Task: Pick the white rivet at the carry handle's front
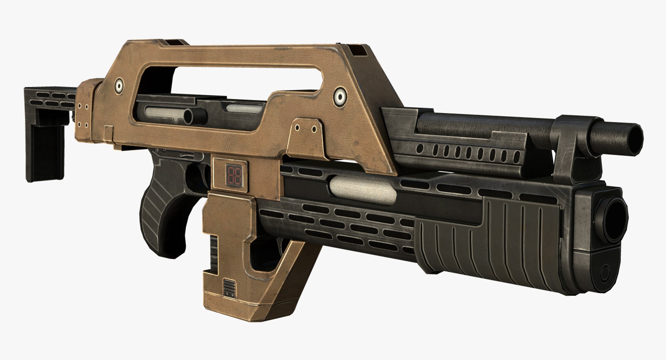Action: tap(339, 97)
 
